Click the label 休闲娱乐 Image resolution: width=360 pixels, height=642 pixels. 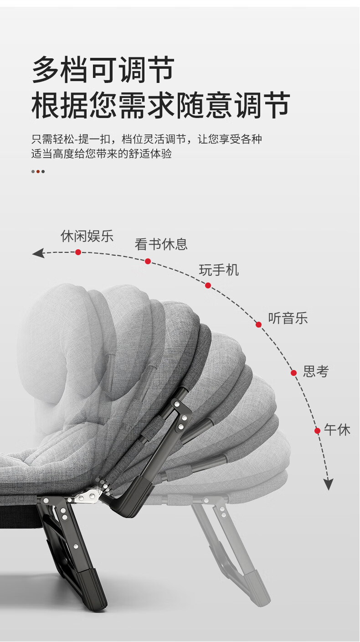click(87, 236)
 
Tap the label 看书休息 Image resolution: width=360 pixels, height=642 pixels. click(161, 244)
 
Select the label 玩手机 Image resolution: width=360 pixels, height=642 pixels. click(219, 270)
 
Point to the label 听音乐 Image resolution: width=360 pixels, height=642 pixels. click(288, 318)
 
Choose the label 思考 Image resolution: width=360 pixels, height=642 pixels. click(316, 371)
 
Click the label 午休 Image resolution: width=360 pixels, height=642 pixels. click(337, 430)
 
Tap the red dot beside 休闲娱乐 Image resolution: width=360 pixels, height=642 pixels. click(78, 252)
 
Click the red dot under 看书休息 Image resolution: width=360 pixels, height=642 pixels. click(148, 261)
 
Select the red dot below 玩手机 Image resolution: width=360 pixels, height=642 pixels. click(208, 285)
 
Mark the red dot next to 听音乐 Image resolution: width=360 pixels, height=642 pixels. click(258, 324)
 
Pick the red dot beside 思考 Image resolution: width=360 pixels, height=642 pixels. click(294, 373)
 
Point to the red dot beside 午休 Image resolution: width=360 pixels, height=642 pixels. click(317, 431)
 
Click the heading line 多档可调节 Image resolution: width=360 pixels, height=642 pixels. click(103, 70)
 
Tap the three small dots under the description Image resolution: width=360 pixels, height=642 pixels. click(38, 172)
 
